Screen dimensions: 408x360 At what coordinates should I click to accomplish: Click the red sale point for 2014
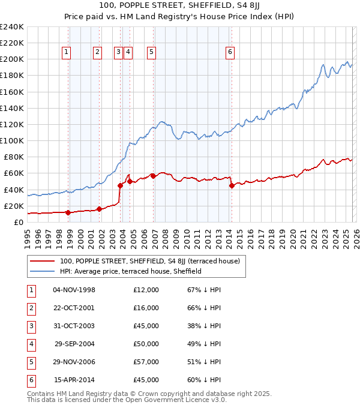232,186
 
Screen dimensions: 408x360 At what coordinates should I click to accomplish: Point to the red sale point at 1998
68,212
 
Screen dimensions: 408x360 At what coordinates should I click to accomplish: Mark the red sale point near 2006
153,176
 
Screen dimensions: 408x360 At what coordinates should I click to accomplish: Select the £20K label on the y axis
13,206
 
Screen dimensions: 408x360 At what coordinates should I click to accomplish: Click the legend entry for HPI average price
130,271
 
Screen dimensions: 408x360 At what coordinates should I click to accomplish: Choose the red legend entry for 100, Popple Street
149,261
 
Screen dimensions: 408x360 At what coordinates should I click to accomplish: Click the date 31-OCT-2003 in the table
74,326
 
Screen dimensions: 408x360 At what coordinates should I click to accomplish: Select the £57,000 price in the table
146,362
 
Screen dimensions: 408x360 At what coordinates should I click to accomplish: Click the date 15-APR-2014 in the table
74,380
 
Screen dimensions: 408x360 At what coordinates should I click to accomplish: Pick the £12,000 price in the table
146,290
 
